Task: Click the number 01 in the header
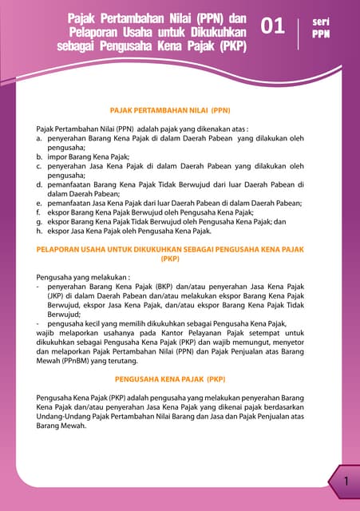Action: tap(273, 26)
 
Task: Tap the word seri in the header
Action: tap(322, 22)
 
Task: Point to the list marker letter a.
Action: tap(40, 137)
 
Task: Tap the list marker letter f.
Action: tap(39, 213)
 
